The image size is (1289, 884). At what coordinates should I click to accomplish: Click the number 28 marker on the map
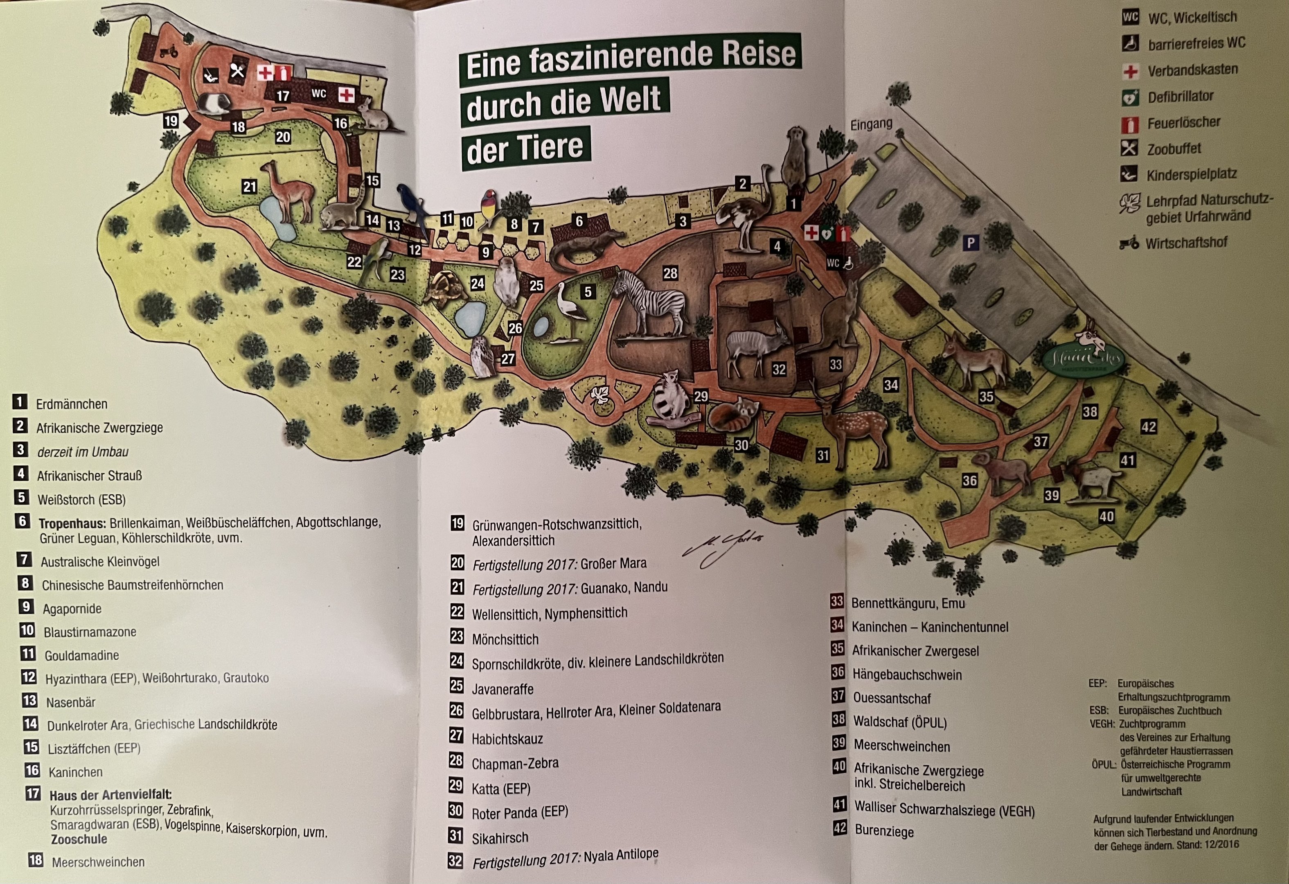(670, 273)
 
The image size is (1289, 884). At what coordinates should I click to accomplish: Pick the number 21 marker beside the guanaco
(250, 187)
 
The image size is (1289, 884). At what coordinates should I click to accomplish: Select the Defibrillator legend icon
(1130, 97)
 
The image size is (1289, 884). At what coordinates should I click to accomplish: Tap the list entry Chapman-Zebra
(515, 764)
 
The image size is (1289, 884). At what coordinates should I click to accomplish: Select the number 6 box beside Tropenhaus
(22, 521)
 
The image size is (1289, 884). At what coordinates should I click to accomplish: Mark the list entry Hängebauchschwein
(907, 675)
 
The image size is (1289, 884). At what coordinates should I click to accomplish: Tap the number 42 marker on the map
(1148, 426)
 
